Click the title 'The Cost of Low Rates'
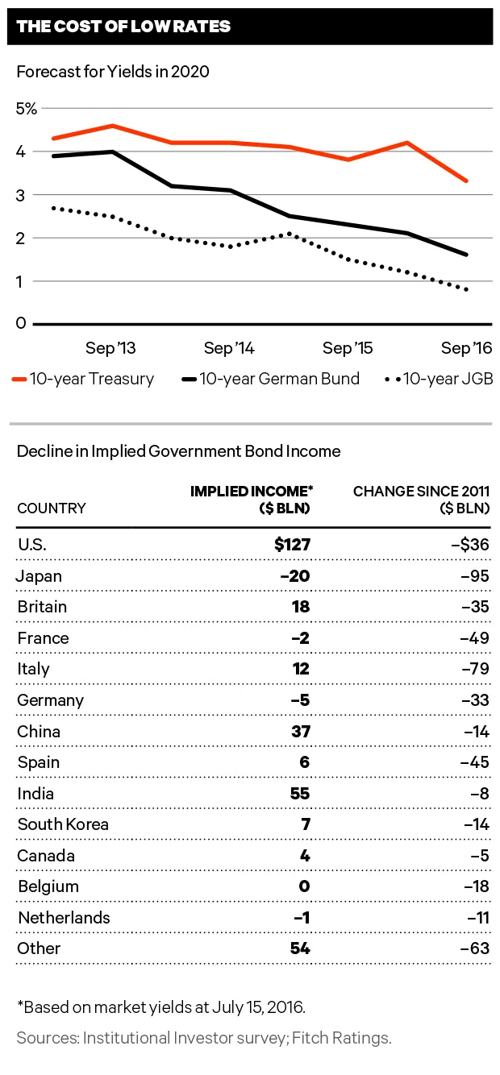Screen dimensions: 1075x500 click(x=123, y=27)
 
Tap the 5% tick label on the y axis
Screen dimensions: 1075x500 click(x=27, y=108)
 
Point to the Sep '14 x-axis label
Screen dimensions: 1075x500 click(x=229, y=348)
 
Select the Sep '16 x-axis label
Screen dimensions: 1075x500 click(x=466, y=348)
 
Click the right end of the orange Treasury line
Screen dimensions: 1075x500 click(x=467, y=181)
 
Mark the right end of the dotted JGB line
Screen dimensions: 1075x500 click(x=467, y=289)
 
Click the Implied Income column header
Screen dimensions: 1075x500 click(x=250, y=500)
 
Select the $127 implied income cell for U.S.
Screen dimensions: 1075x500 click(x=292, y=545)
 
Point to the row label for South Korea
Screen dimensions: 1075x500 click(x=63, y=824)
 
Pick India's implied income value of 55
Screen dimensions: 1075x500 click(x=300, y=794)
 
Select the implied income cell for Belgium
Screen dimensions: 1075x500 click(x=305, y=886)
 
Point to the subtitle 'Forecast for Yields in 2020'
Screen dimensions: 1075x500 click(x=113, y=72)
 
